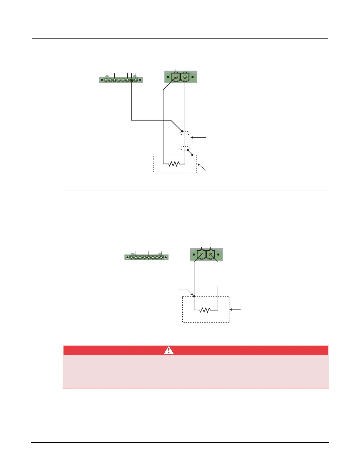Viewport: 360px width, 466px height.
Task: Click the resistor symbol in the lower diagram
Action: pyautogui.click(x=205, y=310)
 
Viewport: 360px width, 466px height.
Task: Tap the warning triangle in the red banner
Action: pyautogui.click(x=169, y=350)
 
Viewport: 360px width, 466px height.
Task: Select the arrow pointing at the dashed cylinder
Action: pyautogui.click(x=199, y=137)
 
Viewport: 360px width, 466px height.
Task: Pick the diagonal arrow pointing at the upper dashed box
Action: pyautogui.click(x=202, y=167)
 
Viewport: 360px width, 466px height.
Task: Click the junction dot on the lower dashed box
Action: pyautogui.click(x=194, y=296)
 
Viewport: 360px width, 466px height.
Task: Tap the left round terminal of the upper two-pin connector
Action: pyautogui.click(x=176, y=77)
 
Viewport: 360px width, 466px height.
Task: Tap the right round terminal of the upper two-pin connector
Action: pyautogui.click(x=185, y=77)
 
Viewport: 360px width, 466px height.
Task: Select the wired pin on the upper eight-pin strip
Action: pyautogui.click(x=131, y=80)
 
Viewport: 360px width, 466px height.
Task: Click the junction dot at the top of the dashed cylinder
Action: pyautogui.click(x=182, y=131)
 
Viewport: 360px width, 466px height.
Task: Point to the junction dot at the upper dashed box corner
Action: pyautogui.click(x=192, y=155)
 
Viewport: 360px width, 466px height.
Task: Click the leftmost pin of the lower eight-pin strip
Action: pyautogui.click(x=131, y=258)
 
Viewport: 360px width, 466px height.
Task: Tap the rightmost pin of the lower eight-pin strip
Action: pyautogui.click(x=161, y=258)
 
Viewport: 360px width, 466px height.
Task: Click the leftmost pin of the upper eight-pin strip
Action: pyautogui.click(x=106, y=80)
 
